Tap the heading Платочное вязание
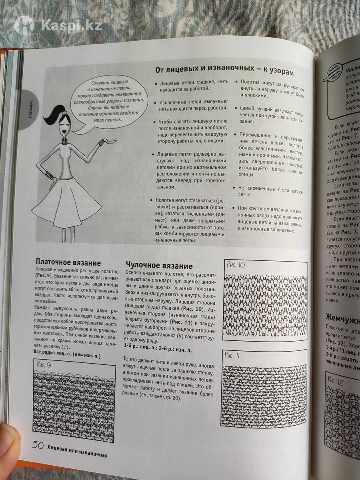coord(68,262)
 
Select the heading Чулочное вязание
coord(159,266)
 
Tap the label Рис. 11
coord(235,355)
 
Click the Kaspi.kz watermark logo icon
coord(24,25)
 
